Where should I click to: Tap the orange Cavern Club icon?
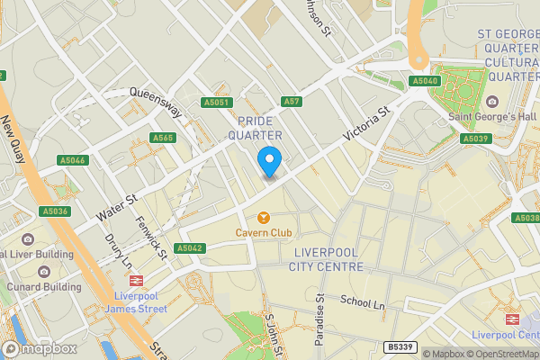click(x=264, y=218)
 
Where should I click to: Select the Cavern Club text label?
click(x=264, y=233)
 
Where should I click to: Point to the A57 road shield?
click(x=290, y=103)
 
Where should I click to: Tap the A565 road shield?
click(x=163, y=138)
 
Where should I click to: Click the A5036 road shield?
click(x=55, y=211)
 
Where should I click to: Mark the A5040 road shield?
click(x=425, y=81)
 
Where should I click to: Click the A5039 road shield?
click(x=474, y=139)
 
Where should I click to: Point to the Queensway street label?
click(x=156, y=102)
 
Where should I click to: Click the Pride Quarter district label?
click(x=260, y=127)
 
